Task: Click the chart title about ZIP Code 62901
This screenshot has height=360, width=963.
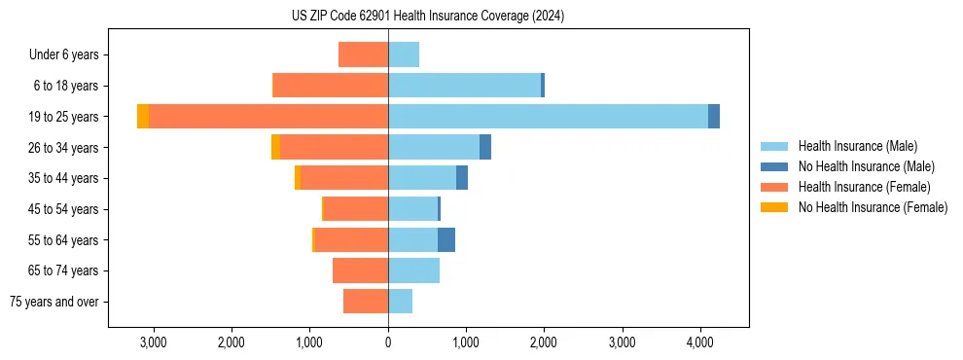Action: click(x=427, y=17)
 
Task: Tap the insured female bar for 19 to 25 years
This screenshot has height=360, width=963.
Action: click(x=268, y=117)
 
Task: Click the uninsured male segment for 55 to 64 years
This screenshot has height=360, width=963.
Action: click(x=446, y=239)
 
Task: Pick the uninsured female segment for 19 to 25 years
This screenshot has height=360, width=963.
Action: click(x=143, y=117)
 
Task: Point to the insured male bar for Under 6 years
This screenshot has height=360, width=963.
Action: click(x=404, y=55)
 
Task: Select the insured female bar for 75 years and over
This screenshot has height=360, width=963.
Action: click(x=366, y=302)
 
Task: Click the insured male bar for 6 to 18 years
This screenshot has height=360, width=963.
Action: click(x=464, y=86)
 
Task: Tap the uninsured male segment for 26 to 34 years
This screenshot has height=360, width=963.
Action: click(x=485, y=147)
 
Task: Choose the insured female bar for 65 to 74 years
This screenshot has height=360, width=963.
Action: click(x=360, y=270)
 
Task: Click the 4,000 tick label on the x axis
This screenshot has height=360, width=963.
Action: click(x=700, y=342)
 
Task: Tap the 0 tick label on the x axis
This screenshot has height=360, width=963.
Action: click(x=388, y=342)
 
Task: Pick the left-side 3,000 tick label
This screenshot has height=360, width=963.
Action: click(x=153, y=342)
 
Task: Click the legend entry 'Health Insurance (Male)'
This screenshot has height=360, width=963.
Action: click(x=857, y=146)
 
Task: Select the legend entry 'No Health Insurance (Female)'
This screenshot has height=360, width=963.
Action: click(x=873, y=207)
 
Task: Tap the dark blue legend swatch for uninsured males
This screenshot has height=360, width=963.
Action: click(x=774, y=166)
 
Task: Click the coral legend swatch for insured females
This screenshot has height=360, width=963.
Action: click(x=774, y=187)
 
